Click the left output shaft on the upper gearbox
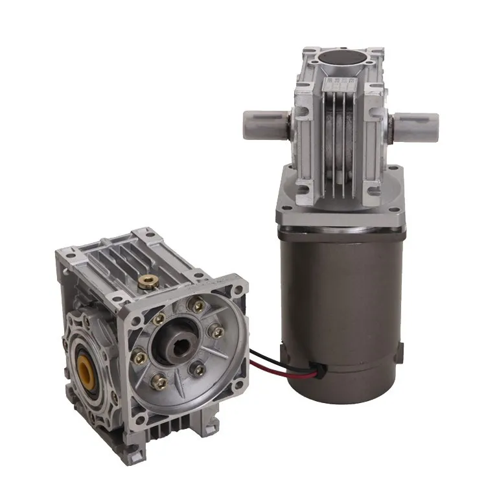pyautogui.click(x=262, y=121)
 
